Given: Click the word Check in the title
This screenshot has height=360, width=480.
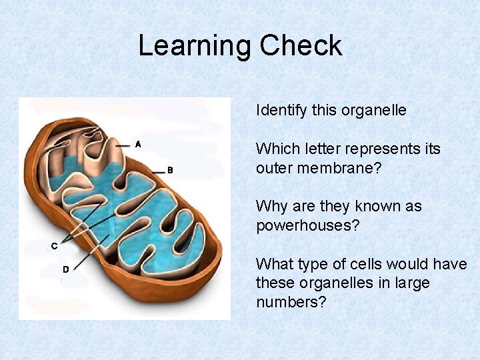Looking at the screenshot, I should click(x=301, y=46).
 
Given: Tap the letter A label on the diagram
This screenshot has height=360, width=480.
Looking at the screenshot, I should click(x=138, y=143).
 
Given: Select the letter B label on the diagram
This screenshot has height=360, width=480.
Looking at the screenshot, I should click(x=170, y=170).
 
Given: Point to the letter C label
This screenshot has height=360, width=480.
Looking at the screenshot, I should click(x=55, y=245).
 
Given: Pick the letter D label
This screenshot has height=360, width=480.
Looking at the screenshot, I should click(x=66, y=269).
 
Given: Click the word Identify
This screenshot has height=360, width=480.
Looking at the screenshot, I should click(x=281, y=111).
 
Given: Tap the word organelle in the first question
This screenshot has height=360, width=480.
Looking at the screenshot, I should click(x=373, y=111).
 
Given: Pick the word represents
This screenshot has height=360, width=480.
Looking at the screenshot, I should click(x=389, y=149).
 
